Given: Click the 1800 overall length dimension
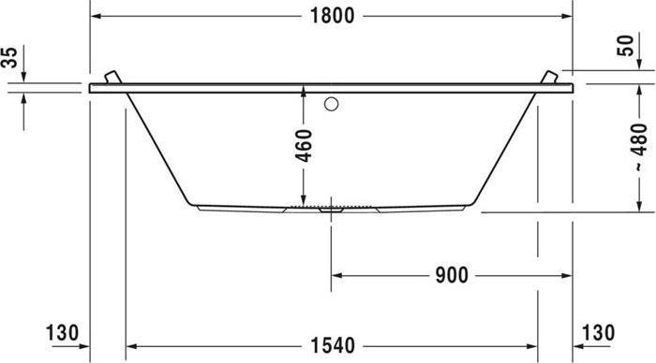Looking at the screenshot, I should [x=331, y=16].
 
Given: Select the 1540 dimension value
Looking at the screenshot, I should [x=331, y=345].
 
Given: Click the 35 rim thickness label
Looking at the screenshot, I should [x=10, y=59].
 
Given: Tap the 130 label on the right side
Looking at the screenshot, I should [x=597, y=333].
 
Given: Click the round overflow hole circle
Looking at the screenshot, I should [x=331, y=105].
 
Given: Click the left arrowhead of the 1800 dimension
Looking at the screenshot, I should [x=96, y=16].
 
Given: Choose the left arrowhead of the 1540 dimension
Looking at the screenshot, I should [x=131, y=345].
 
